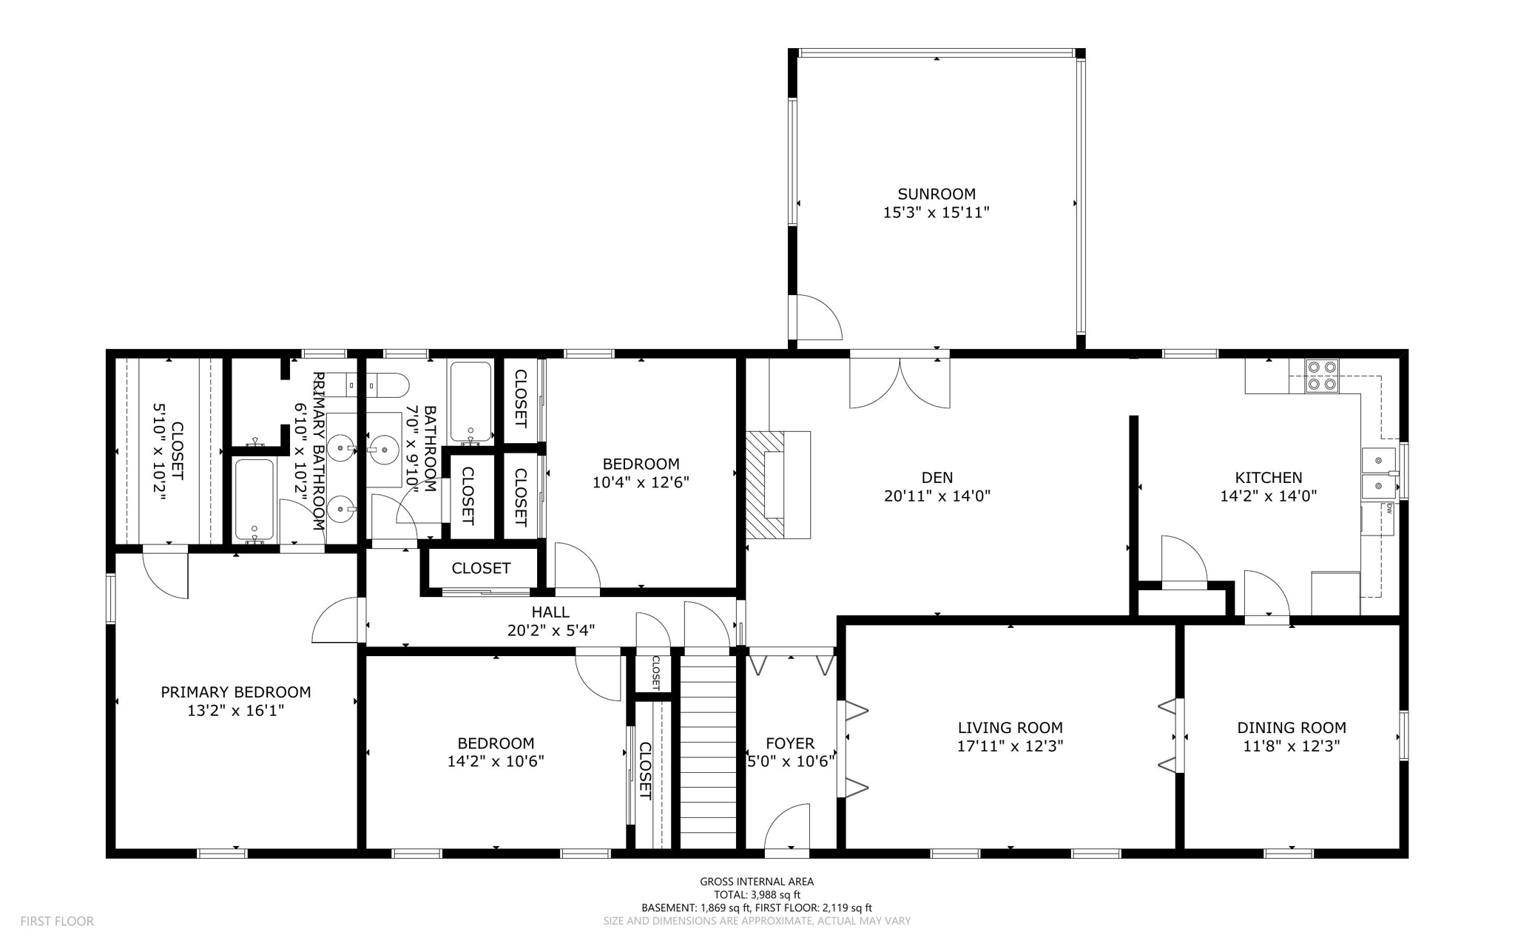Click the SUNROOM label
point(937,194)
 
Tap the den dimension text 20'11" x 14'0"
point(937,496)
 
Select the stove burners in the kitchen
point(1321,375)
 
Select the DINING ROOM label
point(1291,728)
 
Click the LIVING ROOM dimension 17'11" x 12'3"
point(1010,746)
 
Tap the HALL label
point(550,612)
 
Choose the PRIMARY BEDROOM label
point(235,692)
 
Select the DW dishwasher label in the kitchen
point(1389,508)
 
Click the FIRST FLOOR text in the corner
point(57,922)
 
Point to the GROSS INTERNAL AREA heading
point(757,882)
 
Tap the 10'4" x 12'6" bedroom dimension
point(641,483)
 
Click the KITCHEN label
point(1268,478)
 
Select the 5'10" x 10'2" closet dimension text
point(160,451)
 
